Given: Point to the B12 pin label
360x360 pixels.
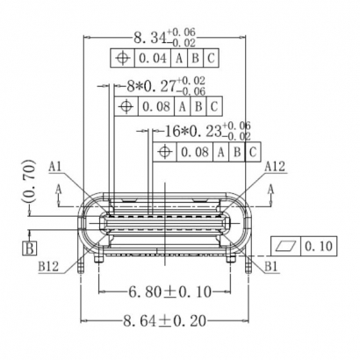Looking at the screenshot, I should tap(47, 266).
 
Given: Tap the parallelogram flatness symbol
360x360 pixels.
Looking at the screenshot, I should tap(287, 245).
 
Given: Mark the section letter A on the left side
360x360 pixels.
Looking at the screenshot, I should tap(58, 188).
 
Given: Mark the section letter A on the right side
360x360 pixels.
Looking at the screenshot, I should tap(271, 188).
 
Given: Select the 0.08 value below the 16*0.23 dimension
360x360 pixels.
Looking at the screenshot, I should tap(195, 152).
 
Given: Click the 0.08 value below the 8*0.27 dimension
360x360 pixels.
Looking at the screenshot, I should tap(155, 106).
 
